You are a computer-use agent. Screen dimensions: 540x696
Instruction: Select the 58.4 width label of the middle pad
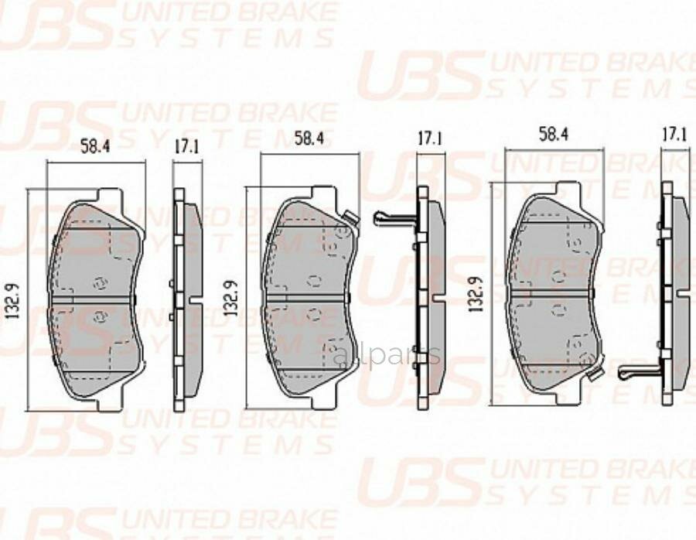[309, 138]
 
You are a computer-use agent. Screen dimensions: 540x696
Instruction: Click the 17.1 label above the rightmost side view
[674, 135]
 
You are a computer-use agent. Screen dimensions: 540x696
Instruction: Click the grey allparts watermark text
[387, 357]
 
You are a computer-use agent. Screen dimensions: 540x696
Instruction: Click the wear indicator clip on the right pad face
[594, 374]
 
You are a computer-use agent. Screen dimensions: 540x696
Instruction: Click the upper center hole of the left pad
[97, 283]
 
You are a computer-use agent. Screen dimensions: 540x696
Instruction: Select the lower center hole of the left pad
[97, 316]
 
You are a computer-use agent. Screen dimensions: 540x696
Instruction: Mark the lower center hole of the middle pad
[313, 313]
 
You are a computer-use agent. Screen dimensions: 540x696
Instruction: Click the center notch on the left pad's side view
[179, 299]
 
